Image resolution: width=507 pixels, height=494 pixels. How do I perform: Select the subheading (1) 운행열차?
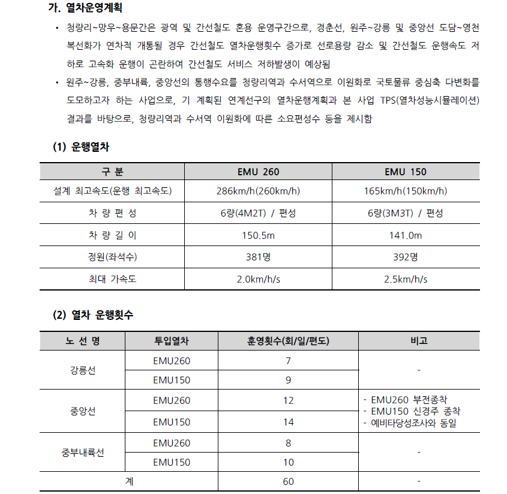point(82,146)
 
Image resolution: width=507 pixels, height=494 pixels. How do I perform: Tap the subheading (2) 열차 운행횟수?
point(93,315)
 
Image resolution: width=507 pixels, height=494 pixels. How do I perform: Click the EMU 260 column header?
point(259,172)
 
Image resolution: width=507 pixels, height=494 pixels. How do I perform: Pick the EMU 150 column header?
point(406,172)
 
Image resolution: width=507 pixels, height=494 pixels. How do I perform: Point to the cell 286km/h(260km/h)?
point(259,191)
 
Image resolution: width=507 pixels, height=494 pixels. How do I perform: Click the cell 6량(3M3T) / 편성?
point(406,213)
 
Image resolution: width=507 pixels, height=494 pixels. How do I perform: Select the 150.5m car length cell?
point(259,235)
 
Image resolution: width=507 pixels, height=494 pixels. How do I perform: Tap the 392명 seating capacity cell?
point(406,257)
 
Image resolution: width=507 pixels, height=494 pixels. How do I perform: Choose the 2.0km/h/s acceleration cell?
point(259,279)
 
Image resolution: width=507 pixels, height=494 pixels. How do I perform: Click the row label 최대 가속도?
point(112,279)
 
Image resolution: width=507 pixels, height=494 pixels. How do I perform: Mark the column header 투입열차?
point(171,340)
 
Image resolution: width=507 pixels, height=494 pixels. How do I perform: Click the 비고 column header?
point(419,340)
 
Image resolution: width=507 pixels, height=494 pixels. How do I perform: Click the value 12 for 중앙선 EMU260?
point(288,400)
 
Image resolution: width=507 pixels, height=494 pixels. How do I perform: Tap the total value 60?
point(288,481)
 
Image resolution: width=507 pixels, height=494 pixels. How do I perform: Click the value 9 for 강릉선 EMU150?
point(288,380)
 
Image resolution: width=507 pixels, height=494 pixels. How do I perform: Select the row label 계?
point(129,481)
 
